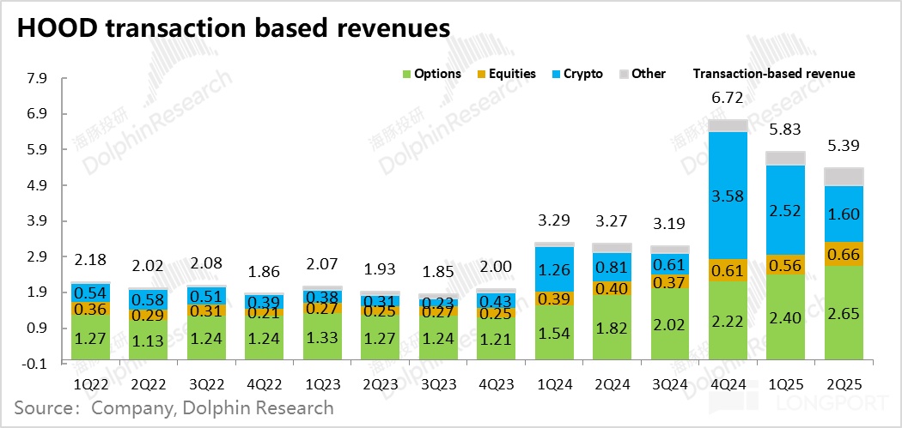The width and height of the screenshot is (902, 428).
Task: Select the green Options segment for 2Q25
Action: click(x=844, y=313)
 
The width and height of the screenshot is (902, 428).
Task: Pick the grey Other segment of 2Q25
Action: click(x=844, y=177)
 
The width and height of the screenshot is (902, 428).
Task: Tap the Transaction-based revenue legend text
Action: click(x=773, y=74)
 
